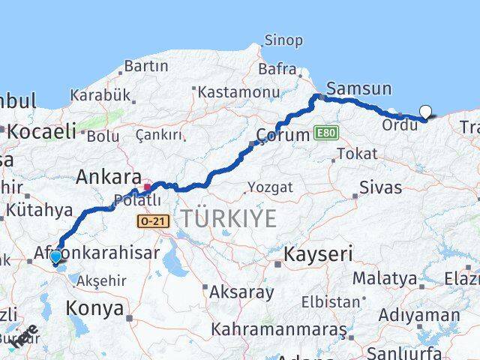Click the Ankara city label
pyautogui.click(x=108, y=178)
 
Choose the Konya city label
pyautogui.click(x=94, y=307)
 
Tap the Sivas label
pyautogui.click(x=380, y=187)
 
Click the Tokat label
pyautogui.click(x=357, y=153)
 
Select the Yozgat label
pyautogui.click(x=271, y=187)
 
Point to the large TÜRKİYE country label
pyautogui.click(x=228, y=219)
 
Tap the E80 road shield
pyautogui.click(x=325, y=133)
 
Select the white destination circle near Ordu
pyautogui.click(x=425, y=112)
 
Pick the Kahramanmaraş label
pyautogui.click(x=278, y=329)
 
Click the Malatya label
pyautogui.click(x=385, y=278)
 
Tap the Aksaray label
pyautogui.click(x=241, y=292)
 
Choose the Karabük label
pyautogui.click(x=100, y=95)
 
